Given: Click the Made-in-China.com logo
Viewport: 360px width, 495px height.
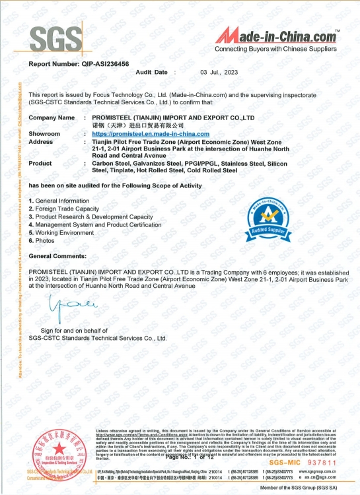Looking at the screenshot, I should (x=281, y=36).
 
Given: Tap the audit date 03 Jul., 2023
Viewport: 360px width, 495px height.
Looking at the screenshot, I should (x=220, y=71).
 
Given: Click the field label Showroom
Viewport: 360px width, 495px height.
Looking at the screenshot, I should (x=44, y=134).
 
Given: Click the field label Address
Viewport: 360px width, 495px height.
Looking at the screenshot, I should (x=41, y=142).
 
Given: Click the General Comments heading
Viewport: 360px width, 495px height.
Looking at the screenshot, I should (x=57, y=255).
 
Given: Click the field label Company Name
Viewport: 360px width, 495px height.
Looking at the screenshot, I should (x=52, y=117).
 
